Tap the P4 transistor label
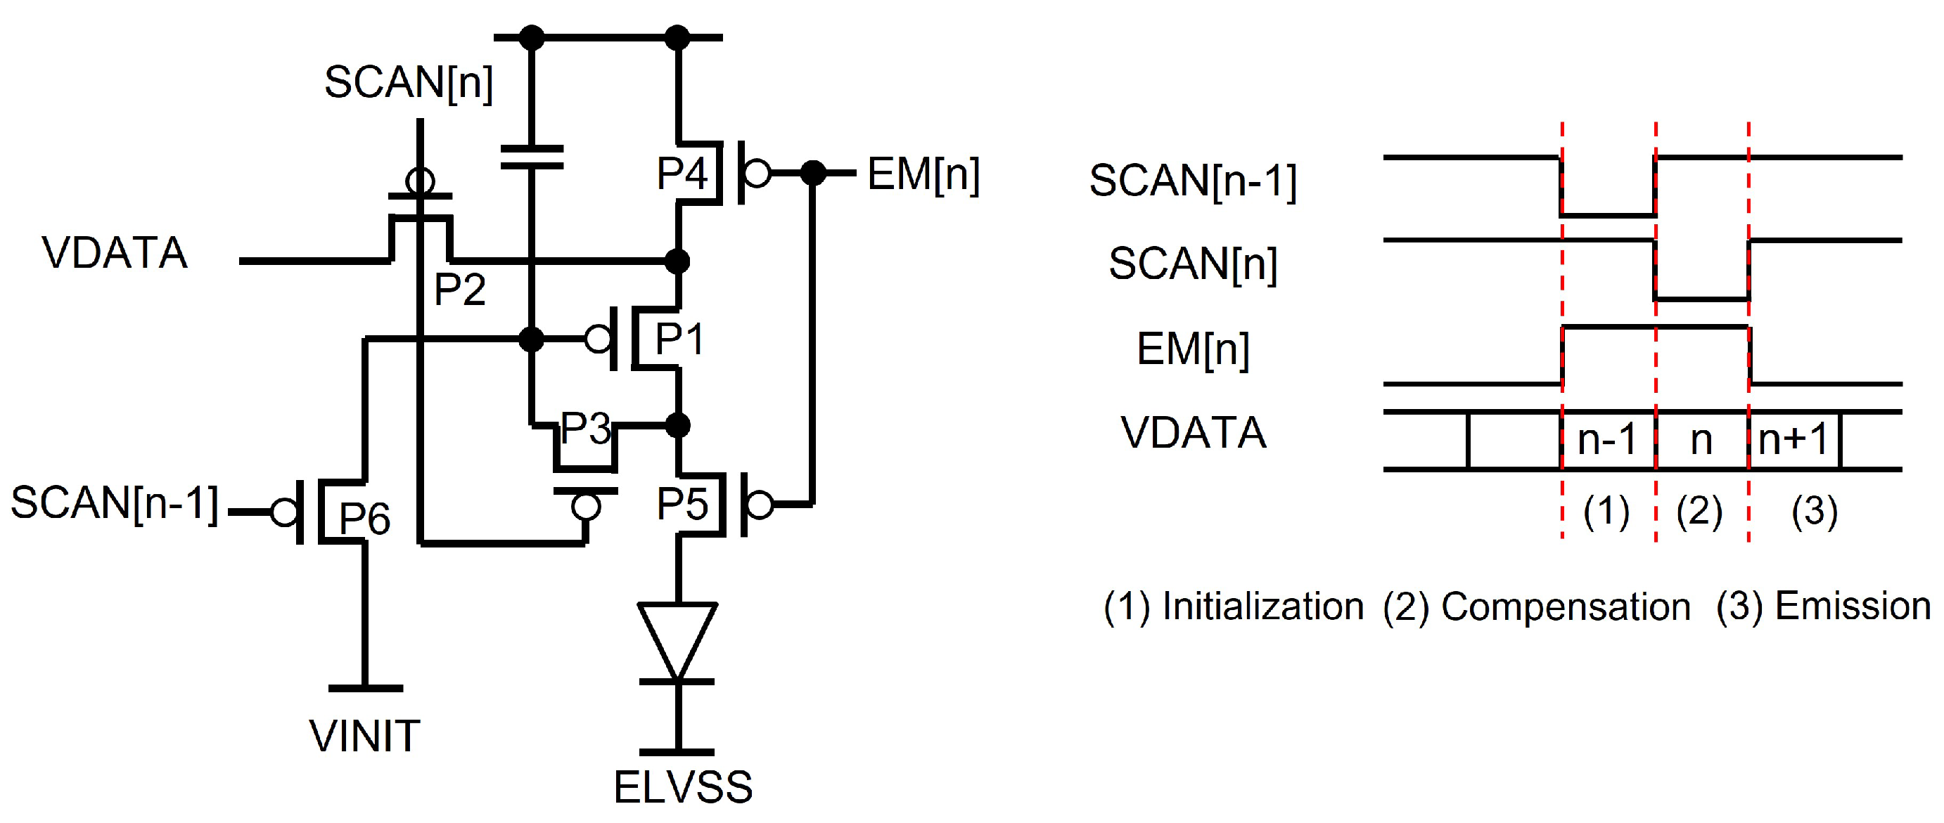[682, 174]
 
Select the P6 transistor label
[364, 518]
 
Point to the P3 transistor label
[586, 429]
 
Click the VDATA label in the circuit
[115, 253]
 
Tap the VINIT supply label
[364, 737]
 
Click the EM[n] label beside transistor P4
[923, 175]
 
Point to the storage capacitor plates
[532, 157]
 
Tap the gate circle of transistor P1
[599, 339]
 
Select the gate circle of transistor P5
[760, 505]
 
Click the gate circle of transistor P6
[285, 513]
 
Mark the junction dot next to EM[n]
[813, 174]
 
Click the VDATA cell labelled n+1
[1793, 439]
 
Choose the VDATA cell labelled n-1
[1607, 439]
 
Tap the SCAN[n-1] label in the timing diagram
[1192, 181]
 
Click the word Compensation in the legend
[1565, 607]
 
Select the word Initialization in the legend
[1262, 607]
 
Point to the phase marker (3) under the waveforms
[1813, 512]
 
